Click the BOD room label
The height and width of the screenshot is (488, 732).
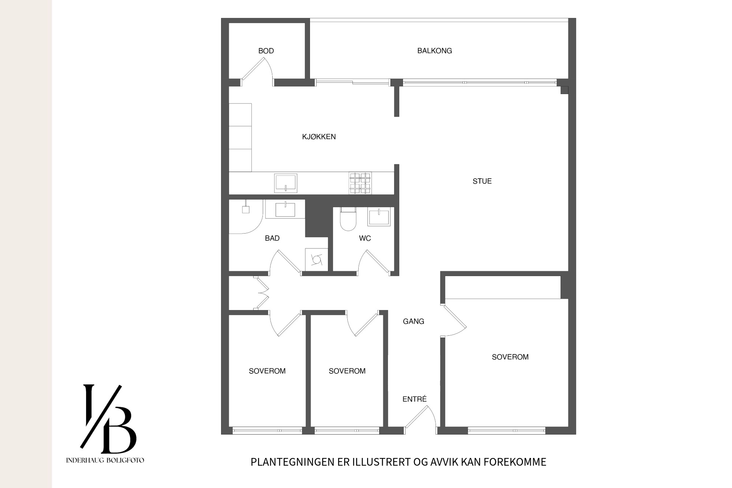(x=266, y=51)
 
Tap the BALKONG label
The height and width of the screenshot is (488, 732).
(x=435, y=51)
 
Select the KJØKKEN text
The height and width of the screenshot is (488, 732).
(x=319, y=137)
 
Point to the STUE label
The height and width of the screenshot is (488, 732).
(x=482, y=181)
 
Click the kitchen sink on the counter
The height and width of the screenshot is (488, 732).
(x=286, y=183)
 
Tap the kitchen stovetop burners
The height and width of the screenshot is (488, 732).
(x=360, y=183)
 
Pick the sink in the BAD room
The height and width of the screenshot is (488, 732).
(x=285, y=209)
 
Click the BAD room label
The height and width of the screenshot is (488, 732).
(x=272, y=238)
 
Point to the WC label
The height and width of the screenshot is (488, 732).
(x=365, y=238)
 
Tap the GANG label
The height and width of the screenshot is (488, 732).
(x=414, y=321)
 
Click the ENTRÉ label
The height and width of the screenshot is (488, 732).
(x=415, y=399)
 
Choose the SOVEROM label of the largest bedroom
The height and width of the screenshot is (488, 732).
(x=510, y=357)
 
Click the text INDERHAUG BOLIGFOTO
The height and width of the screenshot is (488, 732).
(x=105, y=461)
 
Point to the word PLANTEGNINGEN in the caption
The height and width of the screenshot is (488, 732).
(x=293, y=462)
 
